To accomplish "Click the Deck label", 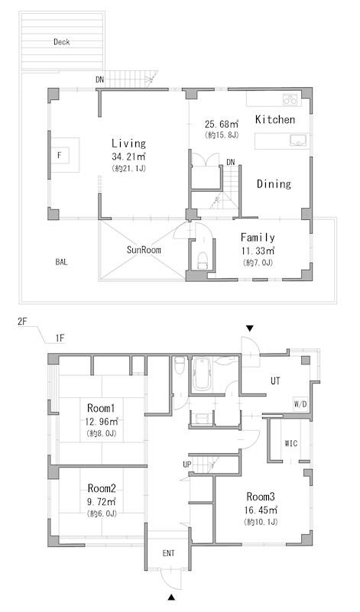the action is click(x=62, y=42).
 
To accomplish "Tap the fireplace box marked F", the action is click(x=60, y=155).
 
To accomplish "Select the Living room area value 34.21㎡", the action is click(x=128, y=157).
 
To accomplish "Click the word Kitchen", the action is click(x=275, y=119).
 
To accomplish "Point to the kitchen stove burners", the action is click(x=290, y=99).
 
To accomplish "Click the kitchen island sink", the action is click(x=298, y=141).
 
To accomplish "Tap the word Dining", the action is click(x=274, y=184).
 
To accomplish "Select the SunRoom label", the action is click(x=144, y=250).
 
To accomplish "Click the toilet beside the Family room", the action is click(x=203, y=261).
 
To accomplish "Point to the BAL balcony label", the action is click(x=61, y=262).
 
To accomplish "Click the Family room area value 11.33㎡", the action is click(x=258, y=251).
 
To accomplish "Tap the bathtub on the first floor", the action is click(x=203, y=374).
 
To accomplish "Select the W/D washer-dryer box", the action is click(x=300, y=405).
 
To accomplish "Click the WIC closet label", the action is click(x=291, y=443).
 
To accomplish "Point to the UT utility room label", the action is click(x=275, y=380).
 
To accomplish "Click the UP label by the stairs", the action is click(x=187, y=465).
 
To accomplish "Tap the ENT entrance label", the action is click(x=169, y=553).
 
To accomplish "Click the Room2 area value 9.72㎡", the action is click(x=102, y=501).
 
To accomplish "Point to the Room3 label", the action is click(x=261, y=497).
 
